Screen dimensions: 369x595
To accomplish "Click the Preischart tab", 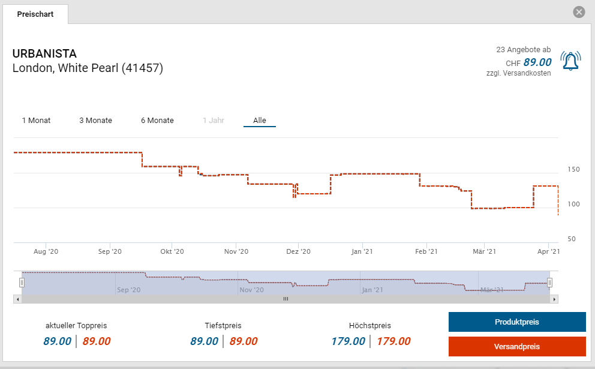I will pos(35,14).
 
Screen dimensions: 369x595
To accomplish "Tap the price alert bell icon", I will pos(570,61).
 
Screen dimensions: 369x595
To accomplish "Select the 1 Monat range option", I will pos(36,121).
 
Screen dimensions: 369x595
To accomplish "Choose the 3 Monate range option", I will pos(95,121).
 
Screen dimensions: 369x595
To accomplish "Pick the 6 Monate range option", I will pos(157,121).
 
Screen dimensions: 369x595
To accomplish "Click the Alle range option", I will pos(259,121).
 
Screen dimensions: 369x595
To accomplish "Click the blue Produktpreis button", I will pos(516,322).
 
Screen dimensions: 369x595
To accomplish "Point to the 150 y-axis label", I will pos(573,170).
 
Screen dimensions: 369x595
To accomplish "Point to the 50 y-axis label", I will pos(571,239).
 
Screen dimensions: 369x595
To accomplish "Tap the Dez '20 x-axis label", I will pos(298,252).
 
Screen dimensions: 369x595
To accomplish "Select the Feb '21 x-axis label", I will pos(426,252).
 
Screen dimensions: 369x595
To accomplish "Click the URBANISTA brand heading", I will pos(44,54).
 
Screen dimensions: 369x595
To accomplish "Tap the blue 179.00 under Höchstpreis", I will pos(348,341).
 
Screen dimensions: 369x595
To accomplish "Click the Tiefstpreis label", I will pos(223,326).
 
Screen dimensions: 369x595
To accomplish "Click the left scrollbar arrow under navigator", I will pos(17,299).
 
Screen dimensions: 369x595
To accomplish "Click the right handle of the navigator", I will pos(549,282).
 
